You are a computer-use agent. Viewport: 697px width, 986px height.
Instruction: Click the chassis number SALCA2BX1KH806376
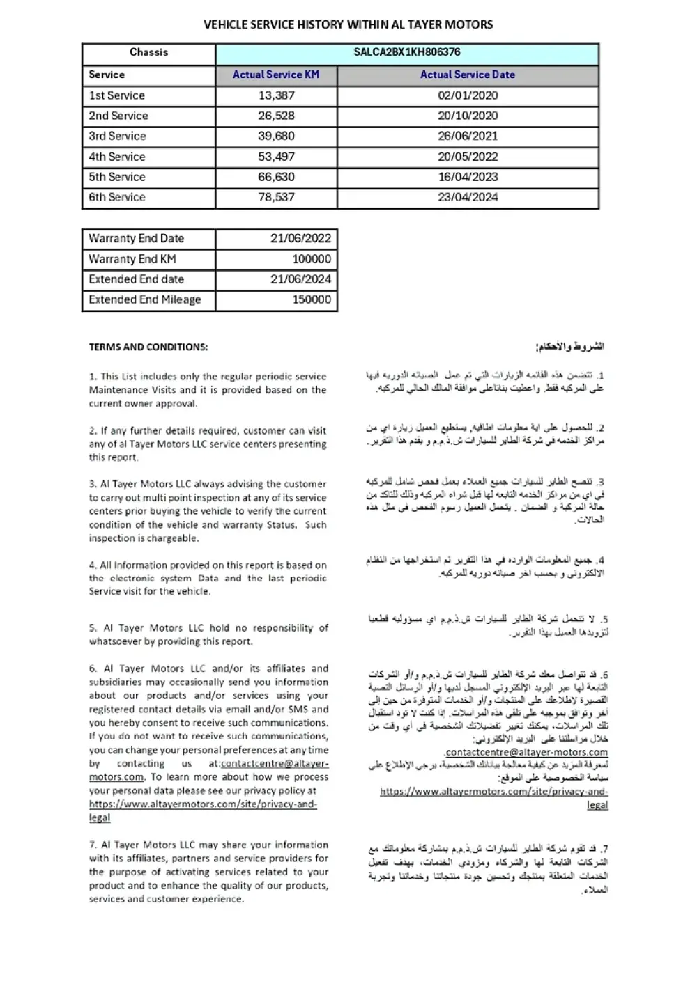click(407, 52)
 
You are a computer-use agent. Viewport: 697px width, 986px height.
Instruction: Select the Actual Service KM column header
click(276, 75)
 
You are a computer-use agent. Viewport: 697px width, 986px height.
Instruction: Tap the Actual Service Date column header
click(467, 75)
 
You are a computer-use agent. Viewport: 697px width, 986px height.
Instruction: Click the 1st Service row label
click(116, 95)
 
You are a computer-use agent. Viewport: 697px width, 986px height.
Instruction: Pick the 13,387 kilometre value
click(276, 95)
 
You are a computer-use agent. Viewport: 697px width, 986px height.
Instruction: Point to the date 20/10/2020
click(468, 116)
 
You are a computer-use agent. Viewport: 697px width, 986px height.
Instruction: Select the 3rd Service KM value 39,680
click(276, 136)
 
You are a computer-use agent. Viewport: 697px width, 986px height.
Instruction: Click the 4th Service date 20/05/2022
click(468, 157)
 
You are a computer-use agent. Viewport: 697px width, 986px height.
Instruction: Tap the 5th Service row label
click(116, 177)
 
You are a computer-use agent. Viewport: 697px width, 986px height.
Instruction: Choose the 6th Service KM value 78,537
click(276, 197)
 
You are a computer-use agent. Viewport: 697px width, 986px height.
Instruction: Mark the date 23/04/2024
click(468, 197)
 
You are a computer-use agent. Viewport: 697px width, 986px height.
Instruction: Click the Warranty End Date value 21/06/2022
click(300, 238)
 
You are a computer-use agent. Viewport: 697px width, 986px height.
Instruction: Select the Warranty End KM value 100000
click(312, 259)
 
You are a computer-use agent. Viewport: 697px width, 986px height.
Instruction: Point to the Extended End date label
click(136, 279)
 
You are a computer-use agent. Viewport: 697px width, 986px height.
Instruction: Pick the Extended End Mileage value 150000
click(312, 299)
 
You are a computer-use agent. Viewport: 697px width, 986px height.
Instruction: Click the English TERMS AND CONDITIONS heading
click(148, 347)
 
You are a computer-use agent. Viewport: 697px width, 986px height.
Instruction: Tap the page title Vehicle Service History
click(348, 24)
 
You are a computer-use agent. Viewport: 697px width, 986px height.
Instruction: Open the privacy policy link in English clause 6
click(203, 804)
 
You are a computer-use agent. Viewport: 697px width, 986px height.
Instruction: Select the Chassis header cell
click(148, 52)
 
